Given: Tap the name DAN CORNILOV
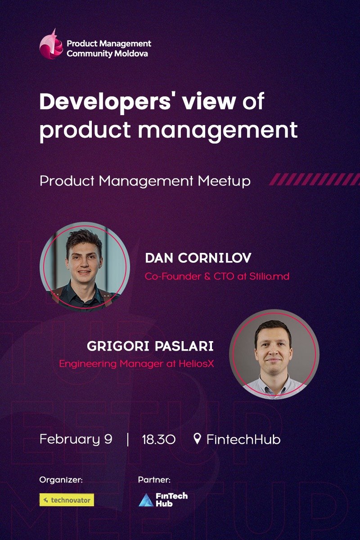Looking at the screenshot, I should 198,258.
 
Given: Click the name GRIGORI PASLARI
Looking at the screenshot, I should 150,347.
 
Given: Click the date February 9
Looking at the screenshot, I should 76,439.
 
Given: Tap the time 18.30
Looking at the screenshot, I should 158,439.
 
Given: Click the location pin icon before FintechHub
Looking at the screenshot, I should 197,438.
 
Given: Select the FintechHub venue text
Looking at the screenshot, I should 243,439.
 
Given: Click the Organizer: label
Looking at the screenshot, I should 61,480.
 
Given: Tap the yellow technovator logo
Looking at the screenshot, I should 67,499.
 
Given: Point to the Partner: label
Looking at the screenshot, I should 154,480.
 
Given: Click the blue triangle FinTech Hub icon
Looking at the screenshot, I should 145,500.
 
